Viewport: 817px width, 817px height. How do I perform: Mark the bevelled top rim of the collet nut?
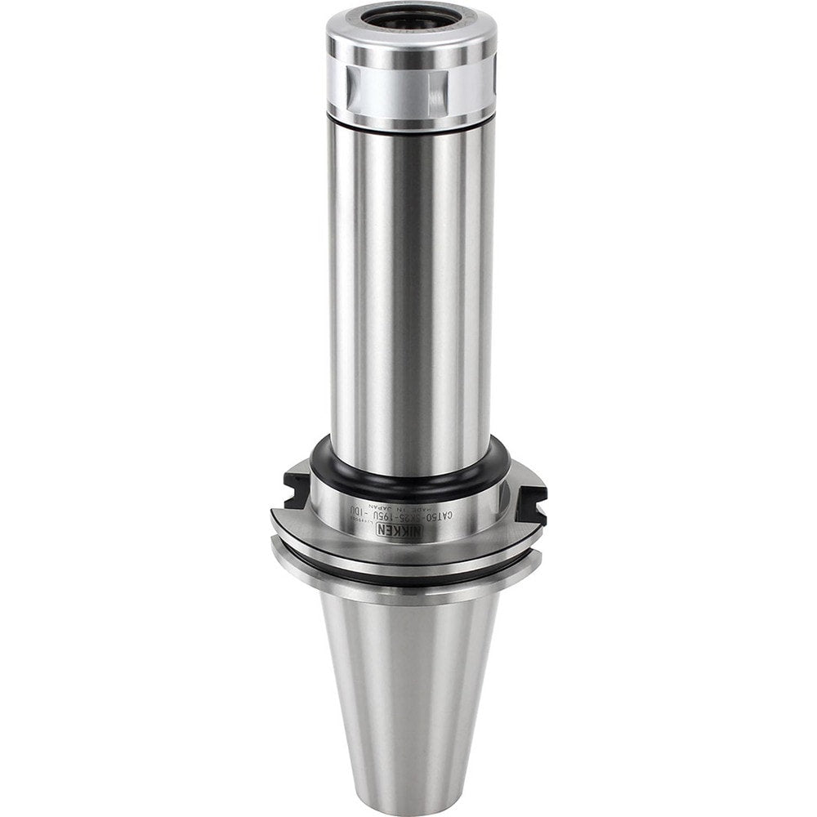coord(411,37)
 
